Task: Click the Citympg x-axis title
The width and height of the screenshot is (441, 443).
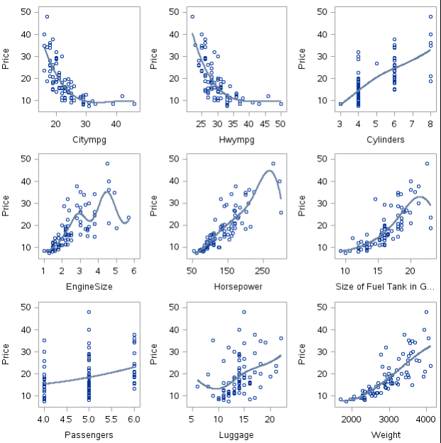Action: pos(89,140)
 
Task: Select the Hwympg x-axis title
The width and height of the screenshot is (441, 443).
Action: pos(237,140)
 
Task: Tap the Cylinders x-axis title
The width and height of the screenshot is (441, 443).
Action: pos(386,140)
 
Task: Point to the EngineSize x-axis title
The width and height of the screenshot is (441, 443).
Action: pos(89,287)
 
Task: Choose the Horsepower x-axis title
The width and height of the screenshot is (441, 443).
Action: pos(237,287)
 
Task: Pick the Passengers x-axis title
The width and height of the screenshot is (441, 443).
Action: pos(89,434)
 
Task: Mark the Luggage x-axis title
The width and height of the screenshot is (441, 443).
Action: pos(237,434)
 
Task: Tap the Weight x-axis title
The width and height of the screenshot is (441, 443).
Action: pos(386,434)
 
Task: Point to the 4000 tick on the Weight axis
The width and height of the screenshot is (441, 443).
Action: pos(426,419)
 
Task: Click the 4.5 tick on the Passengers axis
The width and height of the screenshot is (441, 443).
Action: pos(66,419)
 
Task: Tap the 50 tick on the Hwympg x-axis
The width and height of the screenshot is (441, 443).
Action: pos(281,124)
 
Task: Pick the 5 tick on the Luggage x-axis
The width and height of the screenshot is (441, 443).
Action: pos(192,419)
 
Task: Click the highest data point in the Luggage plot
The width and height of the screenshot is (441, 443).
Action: pos(244,311)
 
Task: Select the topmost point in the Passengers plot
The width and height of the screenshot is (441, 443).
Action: pos(89,312)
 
